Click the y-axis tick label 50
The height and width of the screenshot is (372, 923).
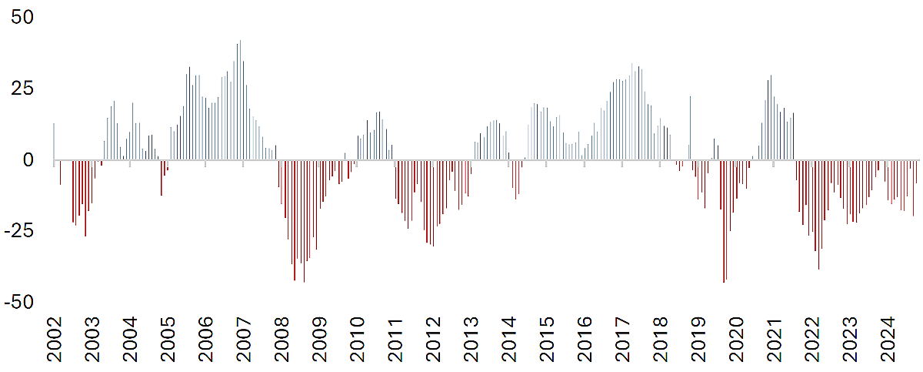22,17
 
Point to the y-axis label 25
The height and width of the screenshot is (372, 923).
22,89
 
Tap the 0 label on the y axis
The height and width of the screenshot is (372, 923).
28,160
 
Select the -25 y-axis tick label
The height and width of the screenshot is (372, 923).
19,231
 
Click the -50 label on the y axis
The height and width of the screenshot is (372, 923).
19,303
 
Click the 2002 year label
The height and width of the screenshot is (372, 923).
54,340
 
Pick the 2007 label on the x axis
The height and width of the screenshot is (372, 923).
244,340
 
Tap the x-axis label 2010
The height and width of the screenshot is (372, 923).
357,340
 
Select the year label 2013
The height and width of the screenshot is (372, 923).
471,340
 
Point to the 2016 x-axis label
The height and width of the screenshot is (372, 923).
585,340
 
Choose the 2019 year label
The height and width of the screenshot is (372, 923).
698,340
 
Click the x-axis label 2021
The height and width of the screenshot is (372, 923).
775,340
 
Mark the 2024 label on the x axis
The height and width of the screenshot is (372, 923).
888,340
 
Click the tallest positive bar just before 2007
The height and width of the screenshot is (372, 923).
240,100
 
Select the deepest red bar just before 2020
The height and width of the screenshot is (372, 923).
724,221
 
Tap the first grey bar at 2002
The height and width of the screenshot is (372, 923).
54,142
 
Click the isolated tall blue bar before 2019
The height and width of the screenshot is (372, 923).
691,129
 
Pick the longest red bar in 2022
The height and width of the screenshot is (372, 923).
818,215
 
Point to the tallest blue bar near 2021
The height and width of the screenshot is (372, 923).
771,118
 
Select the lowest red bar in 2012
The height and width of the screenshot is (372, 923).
434,203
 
